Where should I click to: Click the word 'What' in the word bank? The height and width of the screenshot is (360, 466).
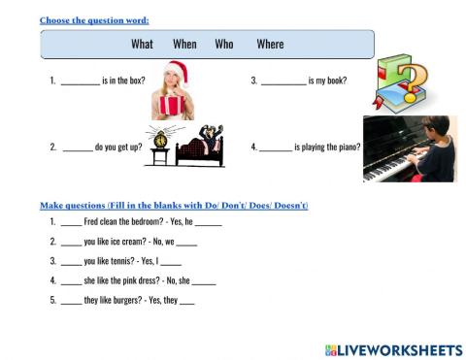coord(142,44)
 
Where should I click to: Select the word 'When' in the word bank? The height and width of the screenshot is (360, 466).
coord(184,44)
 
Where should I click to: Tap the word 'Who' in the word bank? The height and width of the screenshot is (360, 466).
coord(224,44)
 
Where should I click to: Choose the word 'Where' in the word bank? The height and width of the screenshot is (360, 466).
coord(270,44)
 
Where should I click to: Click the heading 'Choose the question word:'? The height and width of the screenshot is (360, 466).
coord(94,19)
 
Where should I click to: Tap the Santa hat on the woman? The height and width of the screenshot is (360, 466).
coord(178,70)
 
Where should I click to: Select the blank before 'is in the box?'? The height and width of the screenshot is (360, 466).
coord(80,82)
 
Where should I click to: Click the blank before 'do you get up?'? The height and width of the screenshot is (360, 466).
coord(77,148)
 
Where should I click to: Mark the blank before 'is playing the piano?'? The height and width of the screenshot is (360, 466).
coord(276,148)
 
